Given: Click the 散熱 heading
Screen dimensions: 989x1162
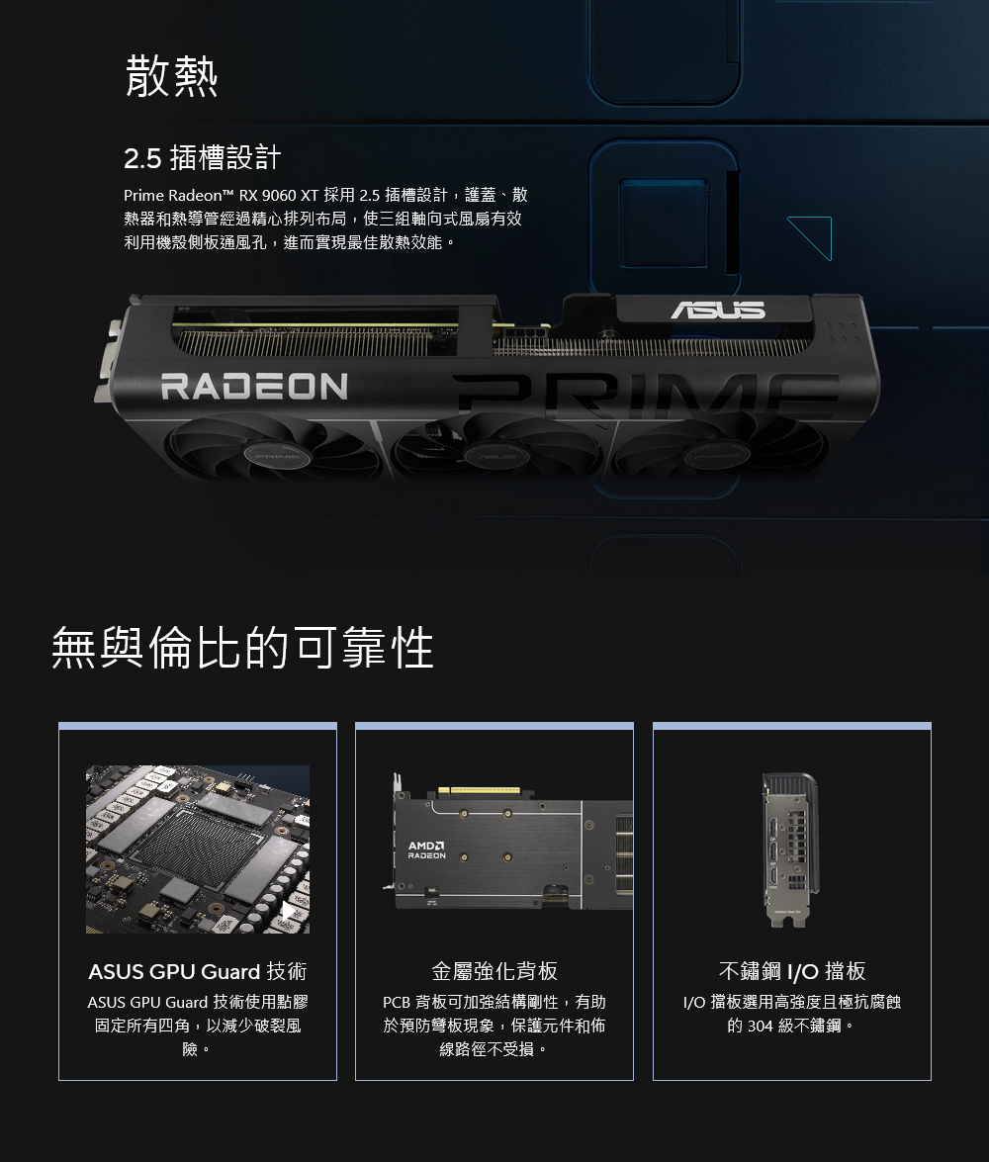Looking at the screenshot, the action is point(171,75).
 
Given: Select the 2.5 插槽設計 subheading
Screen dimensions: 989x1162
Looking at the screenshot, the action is point(203,157).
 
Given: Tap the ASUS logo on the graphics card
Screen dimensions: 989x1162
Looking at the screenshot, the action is point(718,310).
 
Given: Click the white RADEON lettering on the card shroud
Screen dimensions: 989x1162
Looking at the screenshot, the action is point(254,386).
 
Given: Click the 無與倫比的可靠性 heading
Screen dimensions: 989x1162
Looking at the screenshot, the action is point(242,647).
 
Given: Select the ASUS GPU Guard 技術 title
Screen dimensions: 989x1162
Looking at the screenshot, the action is point(197,971).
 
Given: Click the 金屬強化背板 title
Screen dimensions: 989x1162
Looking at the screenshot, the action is point(494,971).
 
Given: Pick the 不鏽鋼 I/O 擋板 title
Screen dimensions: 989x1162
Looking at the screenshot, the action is point(792,971).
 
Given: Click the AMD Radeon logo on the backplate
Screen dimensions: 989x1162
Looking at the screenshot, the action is point(426,850).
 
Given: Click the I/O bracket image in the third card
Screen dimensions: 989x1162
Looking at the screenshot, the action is point(791,849).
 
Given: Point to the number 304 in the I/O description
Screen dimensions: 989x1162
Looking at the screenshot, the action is point(761,1026).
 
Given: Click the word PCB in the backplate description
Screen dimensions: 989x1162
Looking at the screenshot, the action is point(397,1002).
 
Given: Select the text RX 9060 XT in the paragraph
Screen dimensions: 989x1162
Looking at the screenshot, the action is point(279,195).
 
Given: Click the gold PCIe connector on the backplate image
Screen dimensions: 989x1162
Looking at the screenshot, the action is point(479,790).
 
